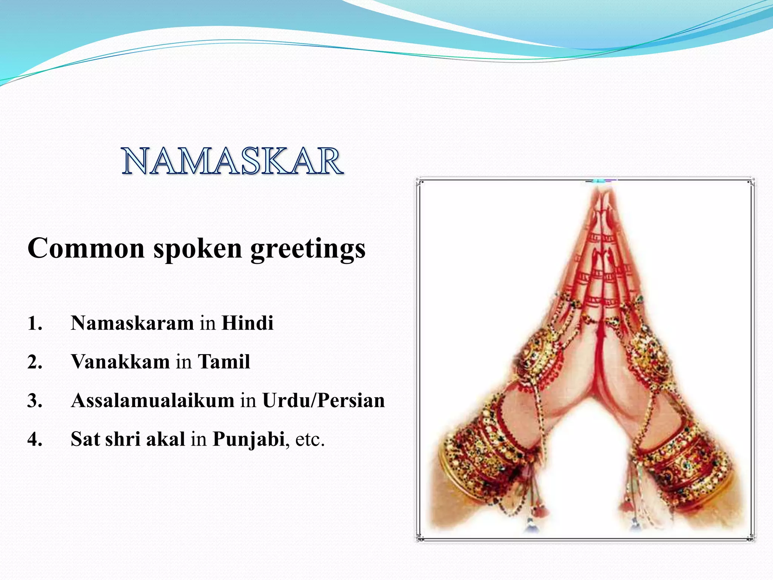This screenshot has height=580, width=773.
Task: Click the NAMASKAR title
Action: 232,162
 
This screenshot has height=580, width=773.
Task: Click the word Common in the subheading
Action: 86,248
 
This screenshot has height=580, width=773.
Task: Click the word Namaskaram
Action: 132,323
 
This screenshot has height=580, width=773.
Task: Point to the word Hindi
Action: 247,323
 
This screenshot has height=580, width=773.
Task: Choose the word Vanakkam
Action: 120,362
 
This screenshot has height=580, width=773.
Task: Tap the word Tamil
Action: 224,362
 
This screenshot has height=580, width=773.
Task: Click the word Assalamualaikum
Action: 152,400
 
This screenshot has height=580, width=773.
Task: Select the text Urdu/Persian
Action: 323,400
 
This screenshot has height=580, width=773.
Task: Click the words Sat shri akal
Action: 128,439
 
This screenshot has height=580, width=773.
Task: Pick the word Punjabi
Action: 248,439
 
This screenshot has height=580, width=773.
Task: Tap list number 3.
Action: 34,401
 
